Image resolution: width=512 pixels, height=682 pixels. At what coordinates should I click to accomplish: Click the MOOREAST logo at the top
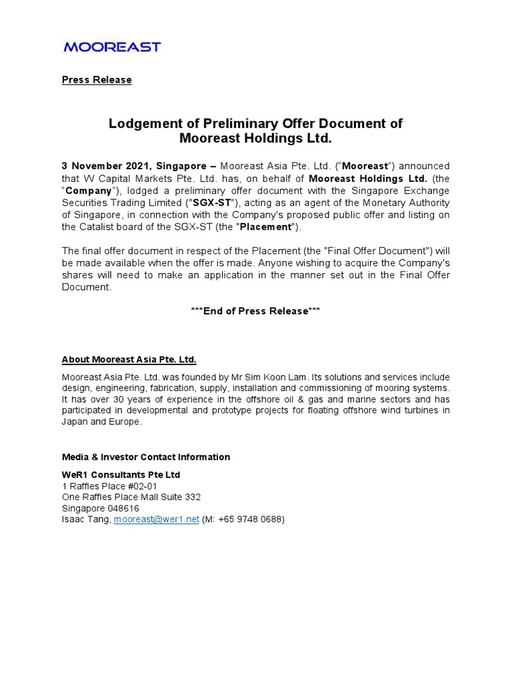coord(112,47)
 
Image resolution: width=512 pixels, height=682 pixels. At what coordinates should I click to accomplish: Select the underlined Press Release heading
coord(97,80)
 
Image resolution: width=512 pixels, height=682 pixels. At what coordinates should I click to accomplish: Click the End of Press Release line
coord(255,311)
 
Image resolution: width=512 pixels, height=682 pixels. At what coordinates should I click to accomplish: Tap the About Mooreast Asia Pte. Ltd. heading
coord(129,360)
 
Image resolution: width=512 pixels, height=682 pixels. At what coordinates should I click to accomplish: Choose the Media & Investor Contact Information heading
coord(146,457)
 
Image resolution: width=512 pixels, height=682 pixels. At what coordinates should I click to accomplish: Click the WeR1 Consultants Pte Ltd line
coord(121,475)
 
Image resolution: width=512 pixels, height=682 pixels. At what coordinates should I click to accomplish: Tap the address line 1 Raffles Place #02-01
coord(109,486)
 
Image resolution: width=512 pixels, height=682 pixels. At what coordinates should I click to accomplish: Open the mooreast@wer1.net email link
coord(156,519)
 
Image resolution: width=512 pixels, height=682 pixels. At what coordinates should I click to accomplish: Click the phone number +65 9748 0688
coord(251,519)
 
